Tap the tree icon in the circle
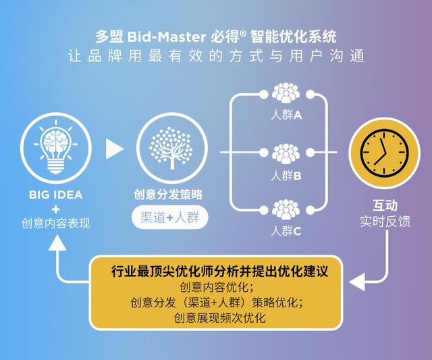coord(169,147)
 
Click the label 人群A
coord(286,115)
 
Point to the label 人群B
coord(286,175)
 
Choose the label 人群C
coord(286,230)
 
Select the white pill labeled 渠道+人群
coord(169,217)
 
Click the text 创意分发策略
coord(169,195)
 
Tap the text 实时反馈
coord(385,222)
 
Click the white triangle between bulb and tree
coord(114,148)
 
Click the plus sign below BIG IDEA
coord(55,209)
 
